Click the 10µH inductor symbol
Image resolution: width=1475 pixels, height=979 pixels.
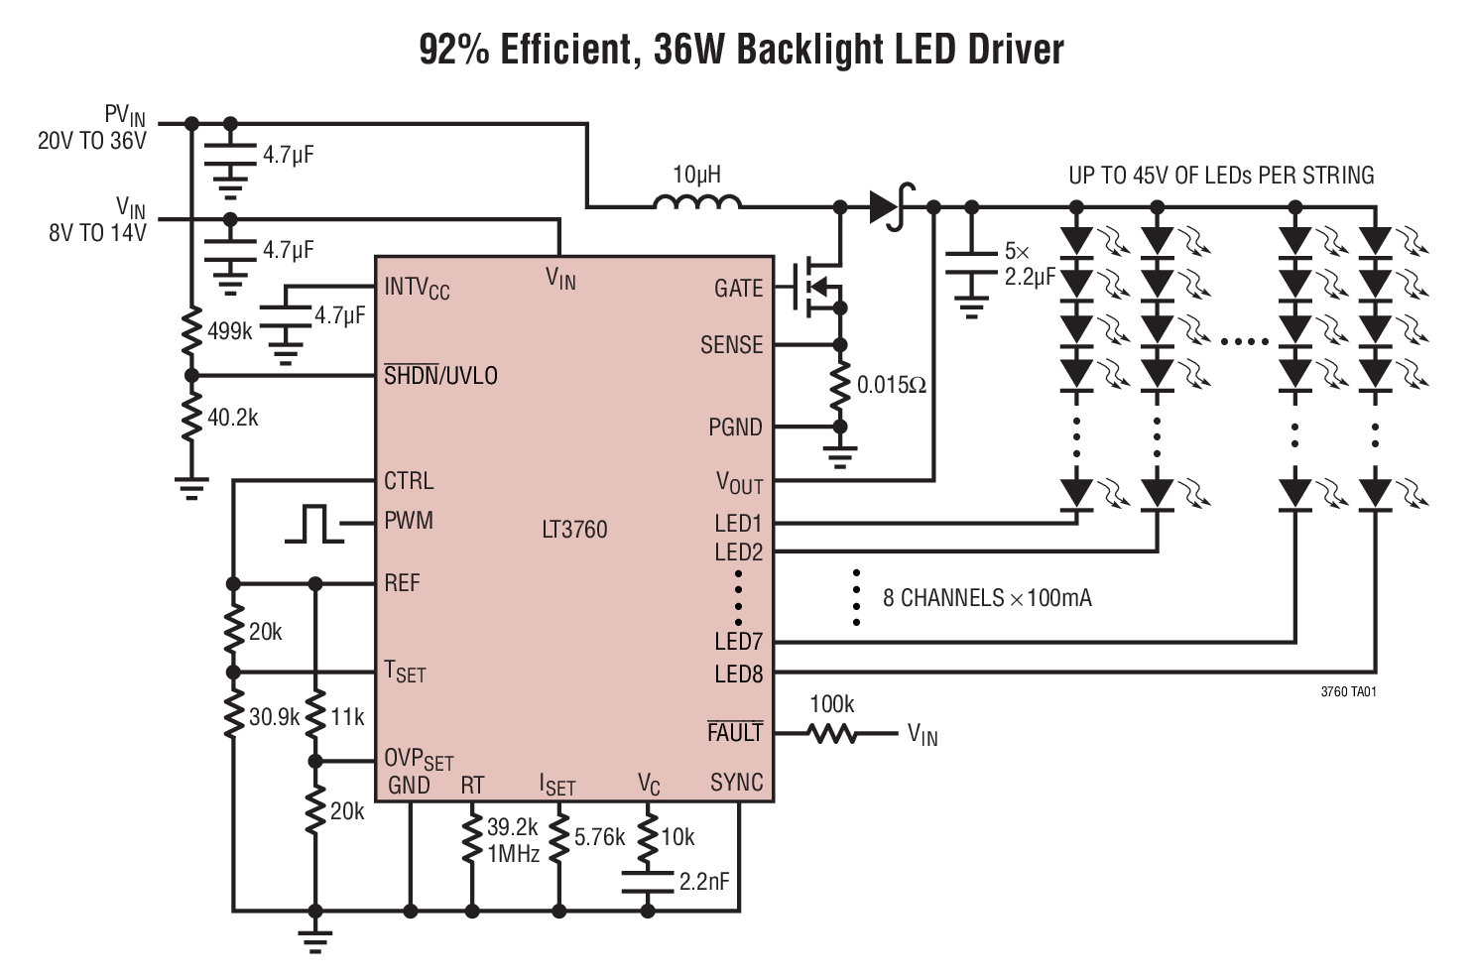tap(696, 204)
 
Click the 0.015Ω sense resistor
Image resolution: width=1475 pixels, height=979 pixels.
tap(840, 385)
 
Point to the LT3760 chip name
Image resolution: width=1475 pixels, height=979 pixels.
tap(574, 529)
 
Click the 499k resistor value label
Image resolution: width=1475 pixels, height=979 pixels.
tap(230, 331)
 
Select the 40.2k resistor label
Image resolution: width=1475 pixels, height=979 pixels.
tap(232, 418)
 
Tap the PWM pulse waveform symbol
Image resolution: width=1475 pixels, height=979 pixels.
tap(313, 523)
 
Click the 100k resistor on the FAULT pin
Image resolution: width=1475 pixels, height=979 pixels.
tap(831, 734)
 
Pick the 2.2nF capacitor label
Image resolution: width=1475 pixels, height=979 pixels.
tap(704, 881)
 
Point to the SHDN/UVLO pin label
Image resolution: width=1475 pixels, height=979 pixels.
tap(440, 376)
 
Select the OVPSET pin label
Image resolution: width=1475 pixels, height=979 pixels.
tap(418, 760)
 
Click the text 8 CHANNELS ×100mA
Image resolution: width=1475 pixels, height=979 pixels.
tap(987, 598)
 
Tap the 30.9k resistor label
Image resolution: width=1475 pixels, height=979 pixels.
tap(274, 716)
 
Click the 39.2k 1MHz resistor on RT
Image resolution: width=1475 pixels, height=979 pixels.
tap(471, 839)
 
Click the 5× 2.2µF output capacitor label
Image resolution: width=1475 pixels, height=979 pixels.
tap(1029, 265)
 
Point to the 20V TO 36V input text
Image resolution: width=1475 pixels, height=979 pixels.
tap(91, 142)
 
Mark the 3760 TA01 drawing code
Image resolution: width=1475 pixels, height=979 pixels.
tap(1348, 692)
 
